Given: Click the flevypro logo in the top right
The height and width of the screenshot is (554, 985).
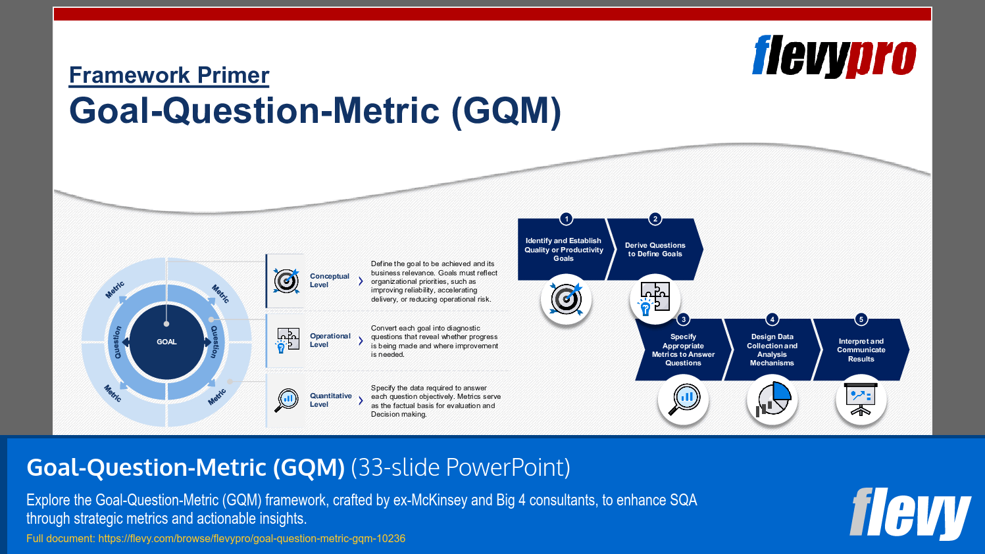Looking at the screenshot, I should point(834,57).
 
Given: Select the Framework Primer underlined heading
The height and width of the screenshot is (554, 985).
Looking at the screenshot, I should point(169,76).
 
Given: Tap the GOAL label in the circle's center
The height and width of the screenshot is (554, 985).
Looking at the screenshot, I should point(166,342).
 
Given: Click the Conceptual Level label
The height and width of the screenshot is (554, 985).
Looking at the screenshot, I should point(329,281).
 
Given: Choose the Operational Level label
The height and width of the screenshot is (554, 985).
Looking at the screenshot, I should point(330,340).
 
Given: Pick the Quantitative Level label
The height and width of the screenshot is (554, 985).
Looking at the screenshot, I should point(330,400).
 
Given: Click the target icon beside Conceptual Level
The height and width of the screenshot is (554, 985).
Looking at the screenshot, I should point(286,281).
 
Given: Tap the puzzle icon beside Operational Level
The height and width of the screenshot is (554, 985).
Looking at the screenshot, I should point(288,340).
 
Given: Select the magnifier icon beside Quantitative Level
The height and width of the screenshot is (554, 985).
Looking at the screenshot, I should point(287,400).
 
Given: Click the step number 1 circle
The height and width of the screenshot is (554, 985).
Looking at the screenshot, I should point(566,219).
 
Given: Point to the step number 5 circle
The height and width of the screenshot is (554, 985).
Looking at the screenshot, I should point(861,319).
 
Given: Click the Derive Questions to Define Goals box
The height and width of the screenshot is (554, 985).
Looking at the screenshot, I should point(655,250).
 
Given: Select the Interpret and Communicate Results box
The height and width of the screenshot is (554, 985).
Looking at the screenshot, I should point(861,350).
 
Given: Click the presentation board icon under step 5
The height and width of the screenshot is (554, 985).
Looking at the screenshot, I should point(861,400).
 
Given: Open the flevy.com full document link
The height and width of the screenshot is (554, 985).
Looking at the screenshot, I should point(251,539).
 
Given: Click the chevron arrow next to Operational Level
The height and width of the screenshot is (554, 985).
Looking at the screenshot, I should point(361,341).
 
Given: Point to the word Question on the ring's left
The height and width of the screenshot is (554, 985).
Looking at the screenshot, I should point(117,342).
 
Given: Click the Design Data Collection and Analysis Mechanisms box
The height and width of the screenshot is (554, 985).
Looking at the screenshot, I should point(772,350).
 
